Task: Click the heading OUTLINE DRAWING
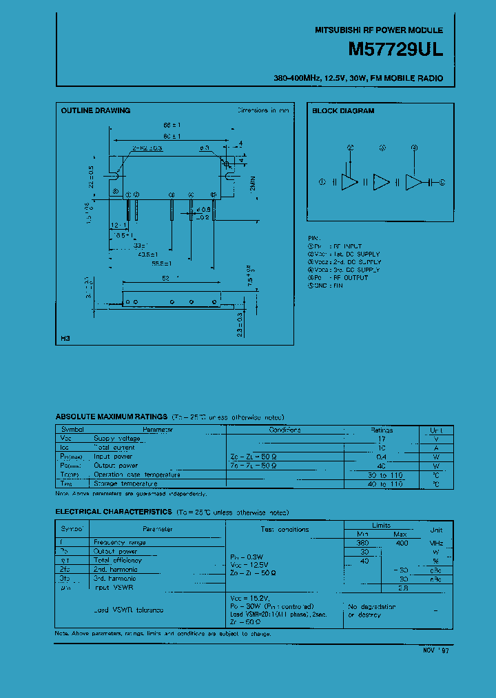coord(95,110)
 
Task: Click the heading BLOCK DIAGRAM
coord(343,110)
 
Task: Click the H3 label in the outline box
coord(65,339)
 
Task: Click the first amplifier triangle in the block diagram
coord(350,182)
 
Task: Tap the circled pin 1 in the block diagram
coord(322,182)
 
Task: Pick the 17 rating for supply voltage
coord(382,438)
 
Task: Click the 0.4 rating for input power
coord(382,456)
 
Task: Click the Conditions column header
coord(285,429)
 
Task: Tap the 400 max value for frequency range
coord(400,542)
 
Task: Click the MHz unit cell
coord(436,542)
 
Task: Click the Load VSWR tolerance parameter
coord(130,610)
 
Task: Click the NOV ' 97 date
coord(435,650)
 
